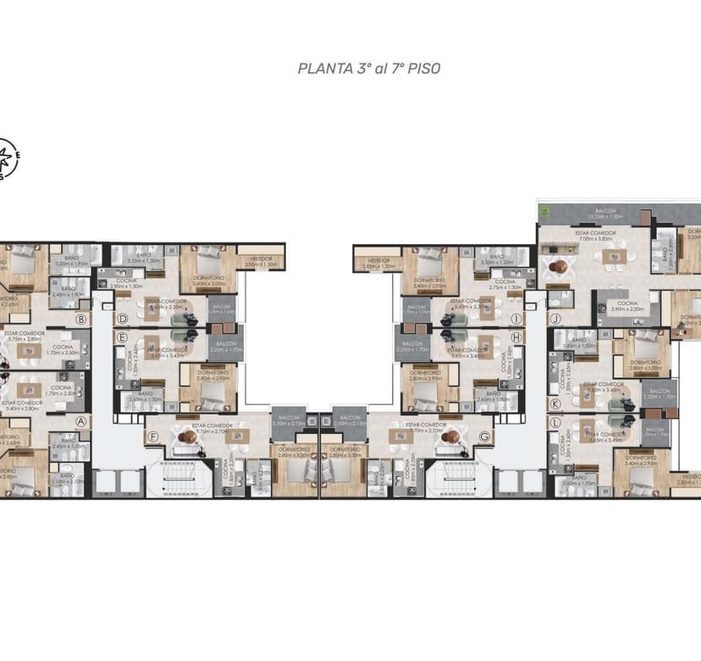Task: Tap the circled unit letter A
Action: coord(82,421)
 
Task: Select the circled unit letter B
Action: coord(82,319)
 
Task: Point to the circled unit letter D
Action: coord(122,319)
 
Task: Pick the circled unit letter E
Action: coord(122,336)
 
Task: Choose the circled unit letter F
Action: coord(153,437)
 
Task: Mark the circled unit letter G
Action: coord(485,437)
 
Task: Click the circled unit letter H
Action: coord(516,336)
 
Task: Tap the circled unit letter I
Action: coord(516,319)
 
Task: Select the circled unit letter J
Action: coord(556,319)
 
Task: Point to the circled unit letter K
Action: coord(556,405)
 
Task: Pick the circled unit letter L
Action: coord(556,421)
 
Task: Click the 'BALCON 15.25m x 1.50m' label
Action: coord(604,213)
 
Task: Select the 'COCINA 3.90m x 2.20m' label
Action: coord(626,306)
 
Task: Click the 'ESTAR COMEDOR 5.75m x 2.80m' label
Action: coord(25,336)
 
